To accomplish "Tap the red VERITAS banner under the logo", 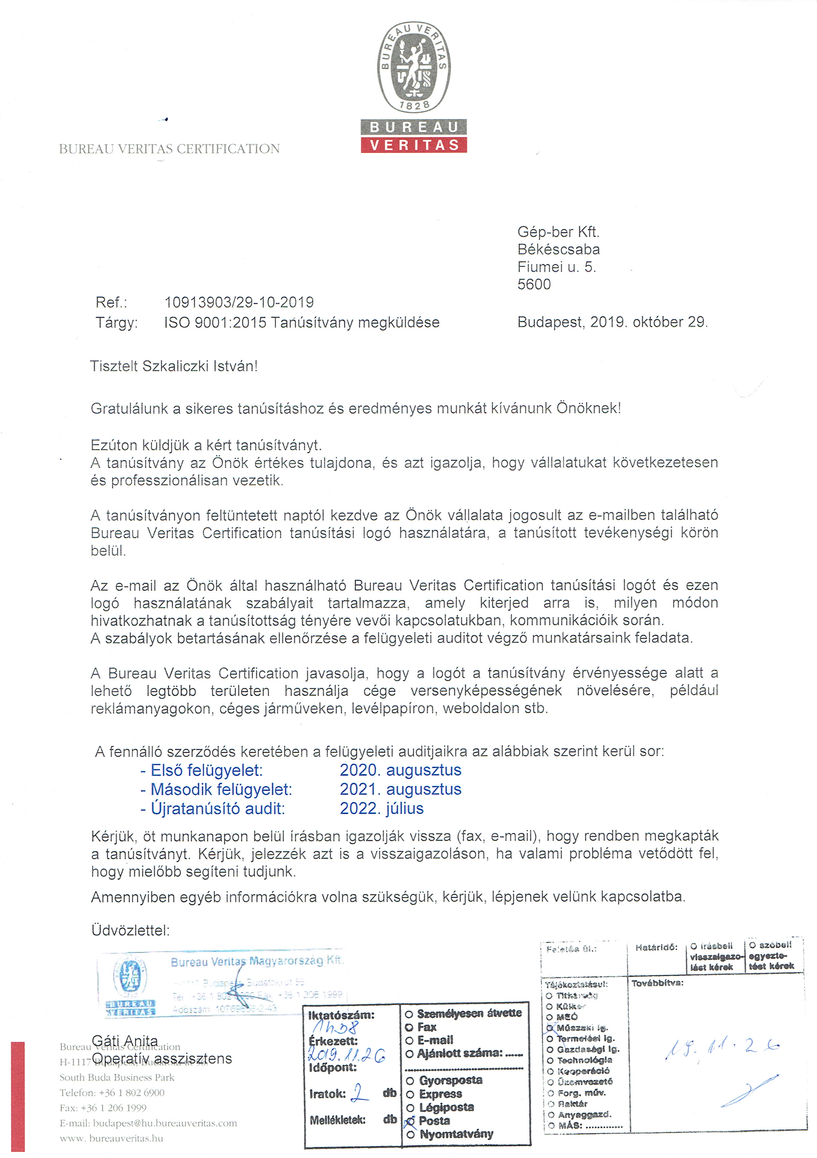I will tap(414, 145).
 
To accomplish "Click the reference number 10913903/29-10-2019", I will tap(239, 302).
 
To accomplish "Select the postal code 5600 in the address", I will tap(534, 285).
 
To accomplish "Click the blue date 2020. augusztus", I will tap(400, 770).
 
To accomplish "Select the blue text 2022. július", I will tap(382, 808).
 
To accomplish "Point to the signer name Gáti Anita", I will tap(125, 1040).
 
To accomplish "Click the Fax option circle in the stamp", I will tap(409, 1027).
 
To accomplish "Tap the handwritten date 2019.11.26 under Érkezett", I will tap(346, 1054).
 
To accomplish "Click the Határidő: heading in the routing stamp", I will tap(656, 948).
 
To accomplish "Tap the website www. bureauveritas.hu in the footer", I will tap(111, 1138).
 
